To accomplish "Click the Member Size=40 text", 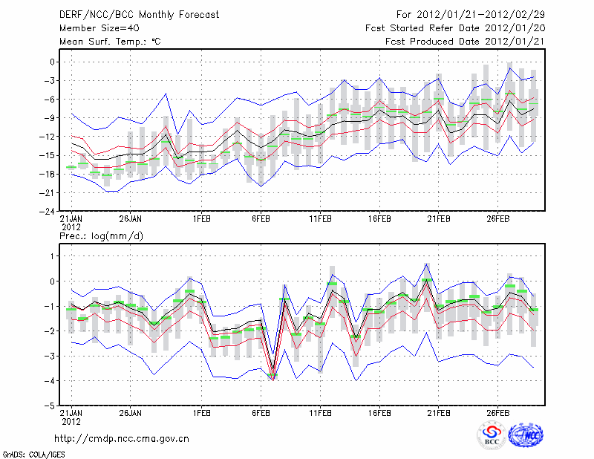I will [x=94, y=28].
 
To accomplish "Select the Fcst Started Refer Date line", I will [x=455, y=28].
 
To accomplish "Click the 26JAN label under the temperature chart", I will [x=130, y=219].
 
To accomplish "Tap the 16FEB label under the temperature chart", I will [x=379, y=219].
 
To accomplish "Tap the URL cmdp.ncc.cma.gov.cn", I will [x=123, y=438].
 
